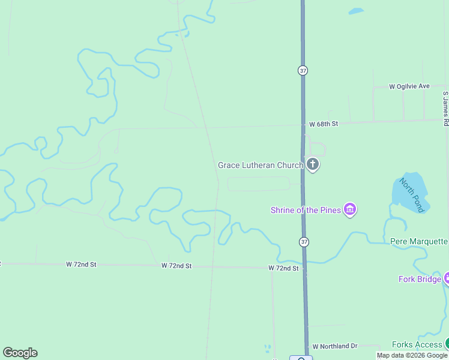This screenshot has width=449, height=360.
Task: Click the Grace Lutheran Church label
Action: point(260,165)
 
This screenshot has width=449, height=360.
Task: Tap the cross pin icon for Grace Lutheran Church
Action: point(312,164)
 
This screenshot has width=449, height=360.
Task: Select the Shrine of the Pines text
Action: point(306,210)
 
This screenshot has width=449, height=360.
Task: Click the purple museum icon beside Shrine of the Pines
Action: point(350,209)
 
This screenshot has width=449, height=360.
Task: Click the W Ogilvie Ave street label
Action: point(409,86)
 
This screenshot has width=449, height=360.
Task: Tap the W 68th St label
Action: point(324,124)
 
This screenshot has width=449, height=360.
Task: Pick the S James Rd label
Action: point(445,108)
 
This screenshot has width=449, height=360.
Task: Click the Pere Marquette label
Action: point(419,241)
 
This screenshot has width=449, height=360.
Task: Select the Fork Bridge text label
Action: point(420,279)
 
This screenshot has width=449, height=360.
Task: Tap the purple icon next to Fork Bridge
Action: point(447,278)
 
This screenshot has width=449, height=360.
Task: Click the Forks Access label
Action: point(417,344)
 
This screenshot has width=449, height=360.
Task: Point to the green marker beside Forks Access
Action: point(447,344)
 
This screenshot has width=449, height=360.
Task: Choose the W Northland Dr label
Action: point(334,346)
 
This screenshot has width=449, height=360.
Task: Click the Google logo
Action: point(20,353)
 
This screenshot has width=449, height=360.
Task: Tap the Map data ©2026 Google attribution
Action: point(412,355)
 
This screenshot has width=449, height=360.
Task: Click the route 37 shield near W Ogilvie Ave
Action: point(303,70)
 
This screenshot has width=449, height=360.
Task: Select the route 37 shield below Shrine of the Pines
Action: point(304,242)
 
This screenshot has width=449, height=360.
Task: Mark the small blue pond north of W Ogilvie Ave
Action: point(356,11)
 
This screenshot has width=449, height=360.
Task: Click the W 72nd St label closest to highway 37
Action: point(283,268)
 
